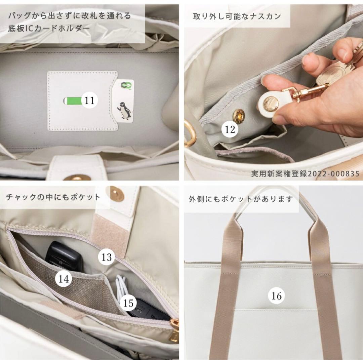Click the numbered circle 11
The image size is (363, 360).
pyautogui.click(x=89, y=100)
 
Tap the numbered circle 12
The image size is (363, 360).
pyautogui.click(x=230, y=129)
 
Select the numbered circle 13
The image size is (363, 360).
pyautogui.click(x=107, y=257)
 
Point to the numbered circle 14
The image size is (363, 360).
pyautogui.click(x=64, y=279)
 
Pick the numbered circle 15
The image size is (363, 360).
pyautogui.click(x=128, y=303)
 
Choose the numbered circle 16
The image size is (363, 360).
pyautogui.click(x=276, y=296)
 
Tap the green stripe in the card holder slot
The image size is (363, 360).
pyautogui.click(x=72, y=100)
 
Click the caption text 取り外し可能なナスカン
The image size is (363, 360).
pyautogui.click(x=237, y=16)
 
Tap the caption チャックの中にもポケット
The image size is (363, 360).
pyautogui.click(x=53, y=197)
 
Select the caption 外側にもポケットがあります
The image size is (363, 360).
pyautogui.click(x=241, y=199)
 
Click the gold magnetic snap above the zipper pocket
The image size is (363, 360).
pyautogui.click(x=117, y=194)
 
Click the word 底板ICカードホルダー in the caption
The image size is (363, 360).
pyautogui.click(x=49, y=28)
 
